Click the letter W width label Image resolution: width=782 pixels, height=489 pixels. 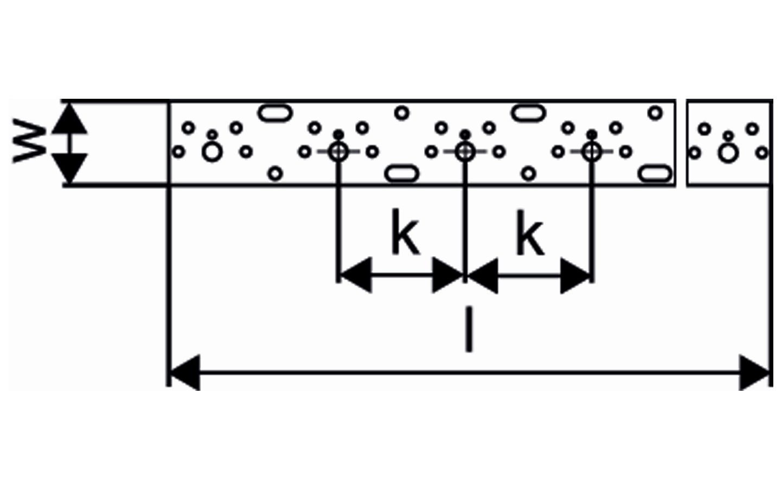(x=30, y=143)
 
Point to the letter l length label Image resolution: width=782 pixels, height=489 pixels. (x=469, y=329)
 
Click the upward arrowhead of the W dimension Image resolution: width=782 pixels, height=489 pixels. (x=69, y=118)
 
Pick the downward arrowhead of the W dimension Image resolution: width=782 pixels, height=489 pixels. (x=69, y=168)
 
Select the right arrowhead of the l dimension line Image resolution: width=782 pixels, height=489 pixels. (x=755, y=372)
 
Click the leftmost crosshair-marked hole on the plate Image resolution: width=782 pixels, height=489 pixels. (x=338, y=152)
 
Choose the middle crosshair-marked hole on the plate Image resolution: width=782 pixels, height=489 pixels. (x=464, y=152)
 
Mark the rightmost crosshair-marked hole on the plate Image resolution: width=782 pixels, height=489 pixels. (x=591, y=152)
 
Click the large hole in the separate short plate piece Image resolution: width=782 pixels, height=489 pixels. (x=728, y=153)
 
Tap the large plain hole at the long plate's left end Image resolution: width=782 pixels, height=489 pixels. (x=212, y=153)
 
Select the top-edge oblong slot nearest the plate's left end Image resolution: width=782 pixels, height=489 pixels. (x=275, y=112)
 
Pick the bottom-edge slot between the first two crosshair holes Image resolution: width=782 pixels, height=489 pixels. (x=402, y=174)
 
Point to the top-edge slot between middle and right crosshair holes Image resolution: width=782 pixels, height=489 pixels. (x=528, y=112)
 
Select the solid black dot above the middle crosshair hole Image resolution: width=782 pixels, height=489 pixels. (x=465, y=134)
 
